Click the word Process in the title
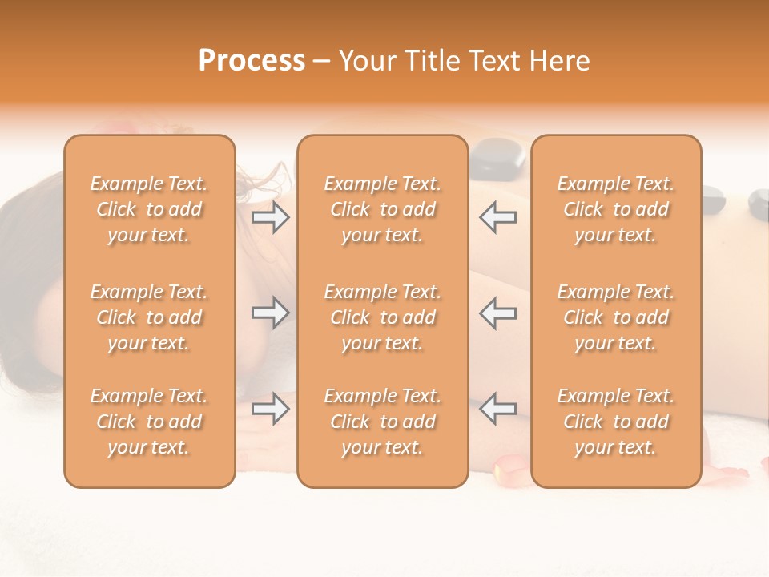252,61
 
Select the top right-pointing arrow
270,217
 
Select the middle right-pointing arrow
270,313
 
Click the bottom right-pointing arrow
270,409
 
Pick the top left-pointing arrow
498,217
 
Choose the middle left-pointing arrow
498,313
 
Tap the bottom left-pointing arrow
498,409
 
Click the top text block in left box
149,209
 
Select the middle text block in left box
149,317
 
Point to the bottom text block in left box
149,422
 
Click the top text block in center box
382,209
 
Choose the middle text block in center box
382,317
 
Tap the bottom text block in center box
382,422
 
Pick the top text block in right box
615,209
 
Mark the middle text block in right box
615,317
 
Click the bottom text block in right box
615,422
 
